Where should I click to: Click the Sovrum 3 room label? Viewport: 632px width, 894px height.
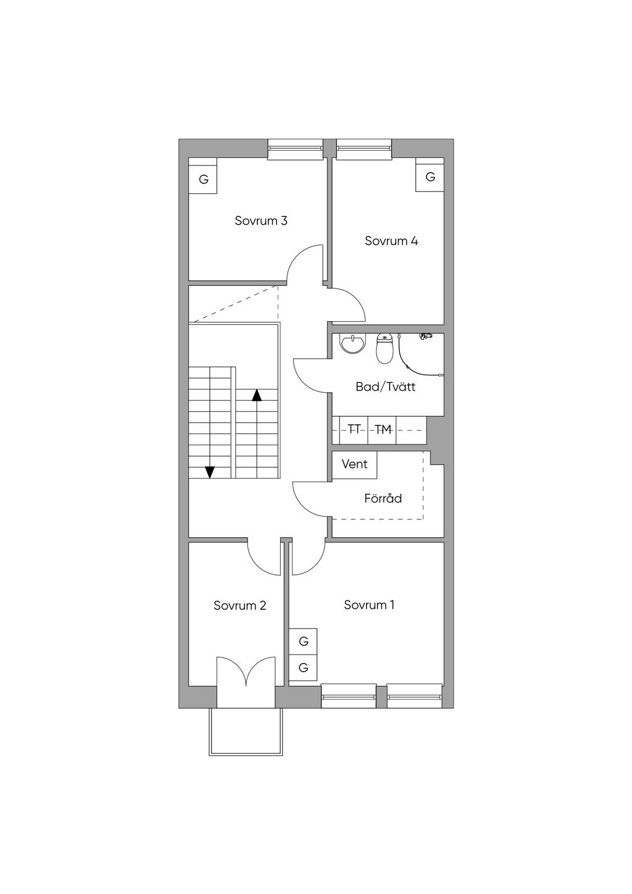[261, 220]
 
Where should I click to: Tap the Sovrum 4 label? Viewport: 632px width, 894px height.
[391, 241]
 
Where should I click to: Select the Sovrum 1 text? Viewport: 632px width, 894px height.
[369, 604]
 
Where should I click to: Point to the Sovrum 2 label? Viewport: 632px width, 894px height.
[240, 606]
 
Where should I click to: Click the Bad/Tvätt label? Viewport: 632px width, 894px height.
[385, 386]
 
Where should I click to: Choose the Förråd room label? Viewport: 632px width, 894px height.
[383, 498]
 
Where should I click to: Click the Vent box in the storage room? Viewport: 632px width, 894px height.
[355, 464]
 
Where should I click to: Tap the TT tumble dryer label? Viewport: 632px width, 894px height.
[354, 430]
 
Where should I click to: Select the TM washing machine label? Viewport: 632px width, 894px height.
[383, 430]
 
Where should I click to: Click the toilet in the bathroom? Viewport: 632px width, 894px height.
[385, 348]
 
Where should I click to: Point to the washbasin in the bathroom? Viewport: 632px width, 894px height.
[352, 343]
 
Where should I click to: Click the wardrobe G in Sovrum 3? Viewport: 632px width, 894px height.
[204, 176]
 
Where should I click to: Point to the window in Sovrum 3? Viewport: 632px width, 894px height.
[295, 149]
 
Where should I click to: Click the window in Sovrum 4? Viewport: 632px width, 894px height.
[364, 149]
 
